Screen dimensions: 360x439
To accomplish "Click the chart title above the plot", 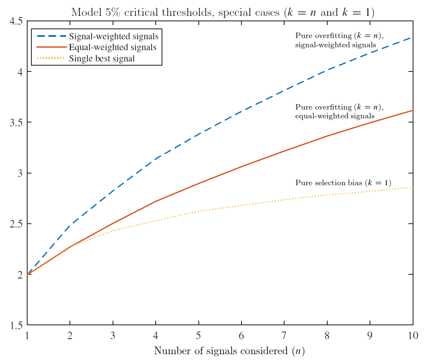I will click(x=223, y=12).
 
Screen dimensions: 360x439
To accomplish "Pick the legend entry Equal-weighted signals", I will click(x=113, y=47).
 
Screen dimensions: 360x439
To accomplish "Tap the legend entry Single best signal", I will click(x=102, y=58).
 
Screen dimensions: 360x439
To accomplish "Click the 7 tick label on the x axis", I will click(x=285, y=335).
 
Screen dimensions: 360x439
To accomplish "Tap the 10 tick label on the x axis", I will click(x=413, y=335).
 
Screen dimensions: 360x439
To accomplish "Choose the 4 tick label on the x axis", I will click(x=156, y=335).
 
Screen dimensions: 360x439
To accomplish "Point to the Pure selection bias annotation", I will click(x=343, y=183).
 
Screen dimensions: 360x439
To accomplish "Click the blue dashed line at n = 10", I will click(x=413, y=38).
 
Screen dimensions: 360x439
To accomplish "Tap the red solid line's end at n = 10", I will click(x=413, y=110).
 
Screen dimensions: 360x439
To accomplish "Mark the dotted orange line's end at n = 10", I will click(x=413, y=187).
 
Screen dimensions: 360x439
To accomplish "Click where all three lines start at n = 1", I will click(x=28, y=274).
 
